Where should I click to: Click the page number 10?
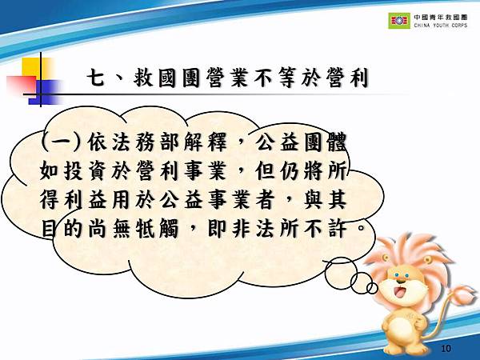pos(447,349)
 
